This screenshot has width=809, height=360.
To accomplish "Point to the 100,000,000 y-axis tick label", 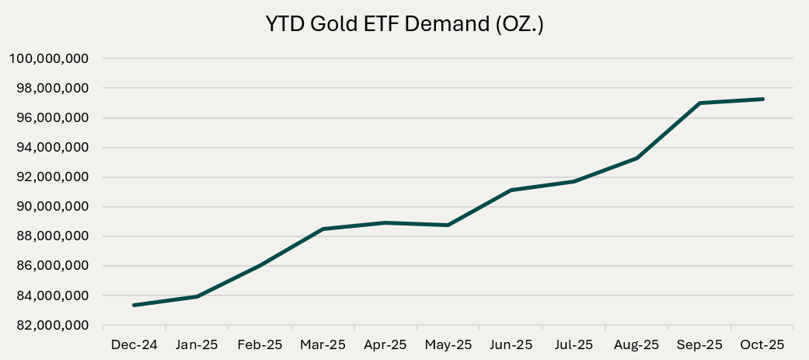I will coord(48,59).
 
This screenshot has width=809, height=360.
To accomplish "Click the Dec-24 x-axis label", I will coord(134,344).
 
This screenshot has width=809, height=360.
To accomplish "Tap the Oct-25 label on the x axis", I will coord(762,344).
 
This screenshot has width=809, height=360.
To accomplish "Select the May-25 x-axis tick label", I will coord(448,344).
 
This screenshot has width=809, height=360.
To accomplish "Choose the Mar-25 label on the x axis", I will coord(323,344).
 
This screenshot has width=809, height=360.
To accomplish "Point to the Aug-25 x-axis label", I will coord(636,344).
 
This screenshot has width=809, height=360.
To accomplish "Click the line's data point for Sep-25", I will coord(699,103).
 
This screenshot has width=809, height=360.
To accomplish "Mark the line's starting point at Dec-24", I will coord(134,305).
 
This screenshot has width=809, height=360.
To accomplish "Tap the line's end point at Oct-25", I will coord(762,99).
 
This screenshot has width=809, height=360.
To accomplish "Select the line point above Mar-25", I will coord(323,229).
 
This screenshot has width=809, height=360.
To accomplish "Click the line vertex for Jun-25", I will coord(511,190).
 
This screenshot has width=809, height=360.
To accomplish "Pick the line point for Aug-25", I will coord(636,158).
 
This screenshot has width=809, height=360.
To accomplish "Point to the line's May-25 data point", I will coord(448,225).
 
